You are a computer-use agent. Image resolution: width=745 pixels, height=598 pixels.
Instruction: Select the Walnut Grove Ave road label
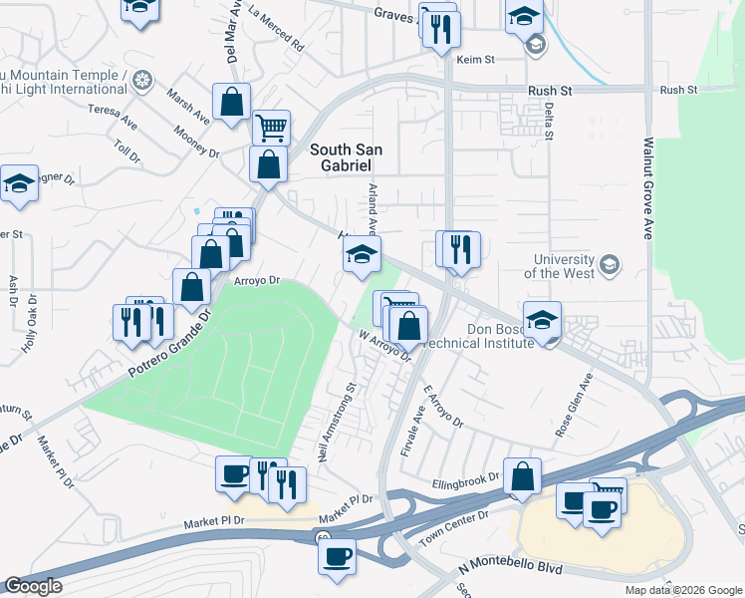647,187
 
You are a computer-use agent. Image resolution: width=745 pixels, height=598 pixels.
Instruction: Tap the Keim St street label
475,60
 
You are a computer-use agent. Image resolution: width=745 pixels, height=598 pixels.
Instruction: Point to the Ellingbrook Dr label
465,480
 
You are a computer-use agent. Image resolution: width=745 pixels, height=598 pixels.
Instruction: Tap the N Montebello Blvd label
510,568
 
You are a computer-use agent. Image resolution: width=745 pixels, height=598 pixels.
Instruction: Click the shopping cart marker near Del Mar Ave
270,127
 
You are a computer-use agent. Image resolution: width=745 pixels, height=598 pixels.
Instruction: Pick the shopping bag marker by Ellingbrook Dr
522,475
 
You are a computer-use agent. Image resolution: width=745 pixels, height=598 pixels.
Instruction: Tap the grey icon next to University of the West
610,265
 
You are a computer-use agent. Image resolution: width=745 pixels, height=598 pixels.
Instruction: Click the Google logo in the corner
33,586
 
